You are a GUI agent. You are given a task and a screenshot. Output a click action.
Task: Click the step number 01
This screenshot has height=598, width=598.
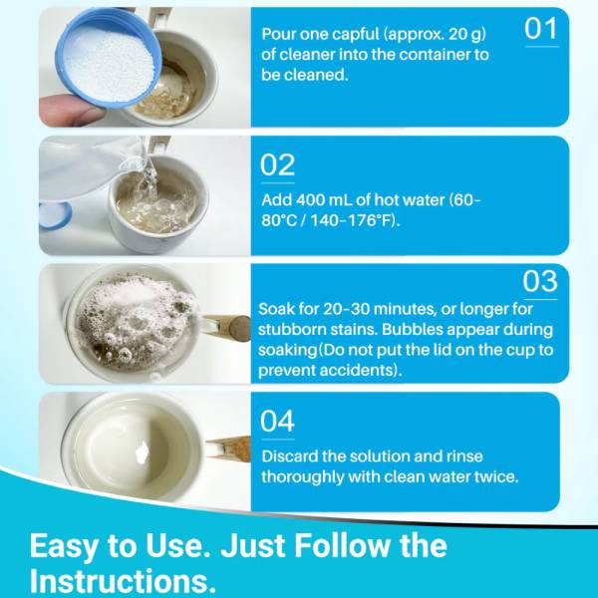pyautogui.click(x=541, y=29)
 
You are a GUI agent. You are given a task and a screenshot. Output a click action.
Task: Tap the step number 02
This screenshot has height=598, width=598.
pyautogui.click(x=277, y=164)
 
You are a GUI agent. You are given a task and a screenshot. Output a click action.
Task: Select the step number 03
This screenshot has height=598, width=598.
pyautogui.click(x=540, y=281)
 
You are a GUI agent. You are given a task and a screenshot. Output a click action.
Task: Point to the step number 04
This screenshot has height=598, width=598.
pyautogui.click(x=277, y=421)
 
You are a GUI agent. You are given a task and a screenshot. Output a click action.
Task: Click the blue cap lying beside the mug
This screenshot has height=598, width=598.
pyautogui.click(x=55, y=215)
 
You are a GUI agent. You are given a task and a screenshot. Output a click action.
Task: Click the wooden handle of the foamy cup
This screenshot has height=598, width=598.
pyautogui.click(x=226, y=327)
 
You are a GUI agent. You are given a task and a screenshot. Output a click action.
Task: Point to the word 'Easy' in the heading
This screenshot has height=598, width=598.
pyautogui.click(x=64, y=546)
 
